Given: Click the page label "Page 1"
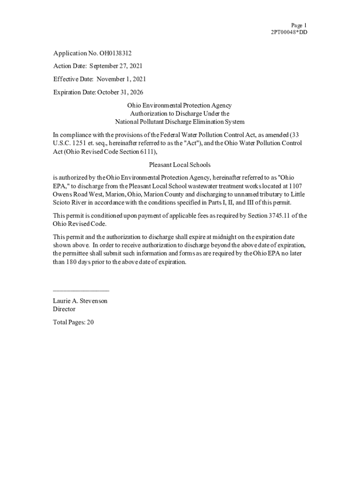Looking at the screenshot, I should (299, 25).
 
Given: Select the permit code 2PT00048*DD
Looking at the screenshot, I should (289, 32).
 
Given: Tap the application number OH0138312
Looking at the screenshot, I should (112, 53).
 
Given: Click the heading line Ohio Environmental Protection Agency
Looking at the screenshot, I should (180, 106).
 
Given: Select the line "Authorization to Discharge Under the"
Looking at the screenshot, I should (180, 114).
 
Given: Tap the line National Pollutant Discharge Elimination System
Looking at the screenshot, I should (180, 122).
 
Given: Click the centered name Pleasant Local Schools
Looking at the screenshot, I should (180, 165).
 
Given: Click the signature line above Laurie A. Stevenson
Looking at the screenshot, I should (81, 291).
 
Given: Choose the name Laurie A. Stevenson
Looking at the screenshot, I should (80, 301).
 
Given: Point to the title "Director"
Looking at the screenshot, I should (64, 309).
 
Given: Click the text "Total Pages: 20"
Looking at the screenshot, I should (73, 322).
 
